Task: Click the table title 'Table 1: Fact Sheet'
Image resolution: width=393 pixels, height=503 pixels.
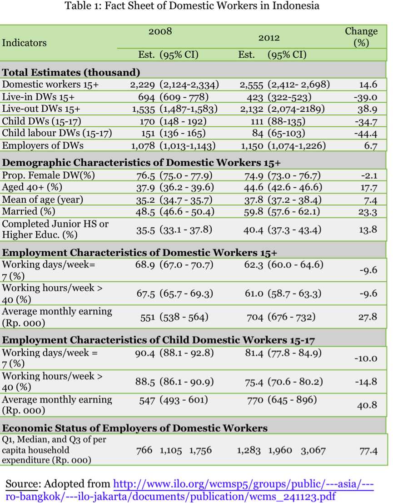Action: [x=192, y=6]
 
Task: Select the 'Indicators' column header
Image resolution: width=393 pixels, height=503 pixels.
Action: [x=25, y=43]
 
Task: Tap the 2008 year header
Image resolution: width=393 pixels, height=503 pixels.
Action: [x=160, y=31]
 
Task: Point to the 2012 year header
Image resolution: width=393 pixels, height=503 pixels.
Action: [x=269, y=38]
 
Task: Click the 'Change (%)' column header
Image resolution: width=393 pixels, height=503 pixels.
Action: [x=361, y=37]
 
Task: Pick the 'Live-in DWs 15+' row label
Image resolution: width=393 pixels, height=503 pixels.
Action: [x=38, y=97]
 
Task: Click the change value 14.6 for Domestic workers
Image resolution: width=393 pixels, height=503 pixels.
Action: [x=368, y=85]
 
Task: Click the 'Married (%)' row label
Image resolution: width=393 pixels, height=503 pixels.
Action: [x=29, y=212]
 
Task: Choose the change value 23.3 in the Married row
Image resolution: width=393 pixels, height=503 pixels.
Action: [x=368, y=212]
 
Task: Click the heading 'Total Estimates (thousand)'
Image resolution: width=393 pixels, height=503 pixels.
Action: [x=71, y=72]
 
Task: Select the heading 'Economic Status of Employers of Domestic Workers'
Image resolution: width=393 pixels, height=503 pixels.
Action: [x=135, y=428]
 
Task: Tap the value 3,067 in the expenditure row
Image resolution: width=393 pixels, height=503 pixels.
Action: [x=313, y=450]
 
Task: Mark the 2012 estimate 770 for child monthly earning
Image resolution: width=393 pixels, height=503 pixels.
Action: [x=255, y=400]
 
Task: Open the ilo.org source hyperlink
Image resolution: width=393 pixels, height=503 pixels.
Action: [x=243, y=484]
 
